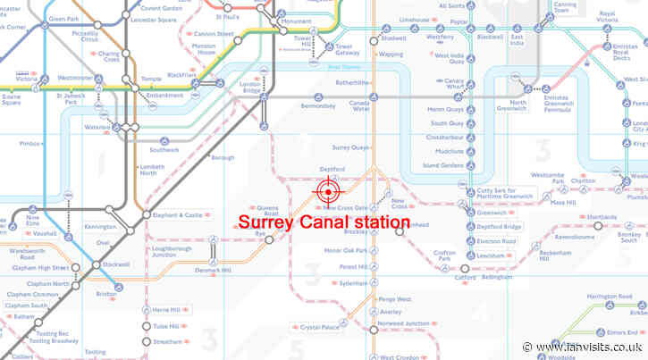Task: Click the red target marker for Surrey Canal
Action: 328,190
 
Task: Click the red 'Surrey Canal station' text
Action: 324,221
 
